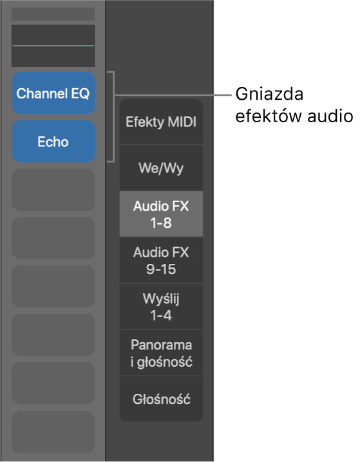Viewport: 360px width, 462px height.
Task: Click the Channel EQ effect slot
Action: click(53, 93)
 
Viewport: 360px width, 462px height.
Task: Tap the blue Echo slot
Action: click(53, 142)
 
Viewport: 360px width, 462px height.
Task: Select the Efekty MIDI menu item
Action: click(161, 122)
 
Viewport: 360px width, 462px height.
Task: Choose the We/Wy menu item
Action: click(161, 168)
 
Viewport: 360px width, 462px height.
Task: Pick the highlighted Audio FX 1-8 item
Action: click(161, 214)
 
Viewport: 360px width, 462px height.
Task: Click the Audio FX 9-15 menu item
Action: click(161, 260)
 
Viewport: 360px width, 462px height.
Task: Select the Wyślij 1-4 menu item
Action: click(161, 306)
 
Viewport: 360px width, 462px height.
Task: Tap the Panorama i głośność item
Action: click(161, 353)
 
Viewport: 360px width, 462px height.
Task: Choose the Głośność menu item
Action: click(161, 399)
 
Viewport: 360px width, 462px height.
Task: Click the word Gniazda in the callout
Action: click(269, 94)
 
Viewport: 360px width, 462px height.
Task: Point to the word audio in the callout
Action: click(330, 116)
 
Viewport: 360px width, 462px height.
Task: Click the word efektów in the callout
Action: click(269, 116)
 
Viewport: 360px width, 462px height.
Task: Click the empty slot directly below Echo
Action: click(53, 190)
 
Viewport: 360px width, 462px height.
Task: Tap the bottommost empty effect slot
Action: click(53, 432)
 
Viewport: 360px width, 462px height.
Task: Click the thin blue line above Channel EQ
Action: click(53, 46)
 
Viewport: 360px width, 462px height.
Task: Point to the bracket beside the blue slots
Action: click(114, 116)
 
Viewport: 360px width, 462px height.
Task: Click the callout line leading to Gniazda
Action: click(173, 95)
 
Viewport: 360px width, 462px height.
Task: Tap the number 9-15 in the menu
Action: click(161, 269)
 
